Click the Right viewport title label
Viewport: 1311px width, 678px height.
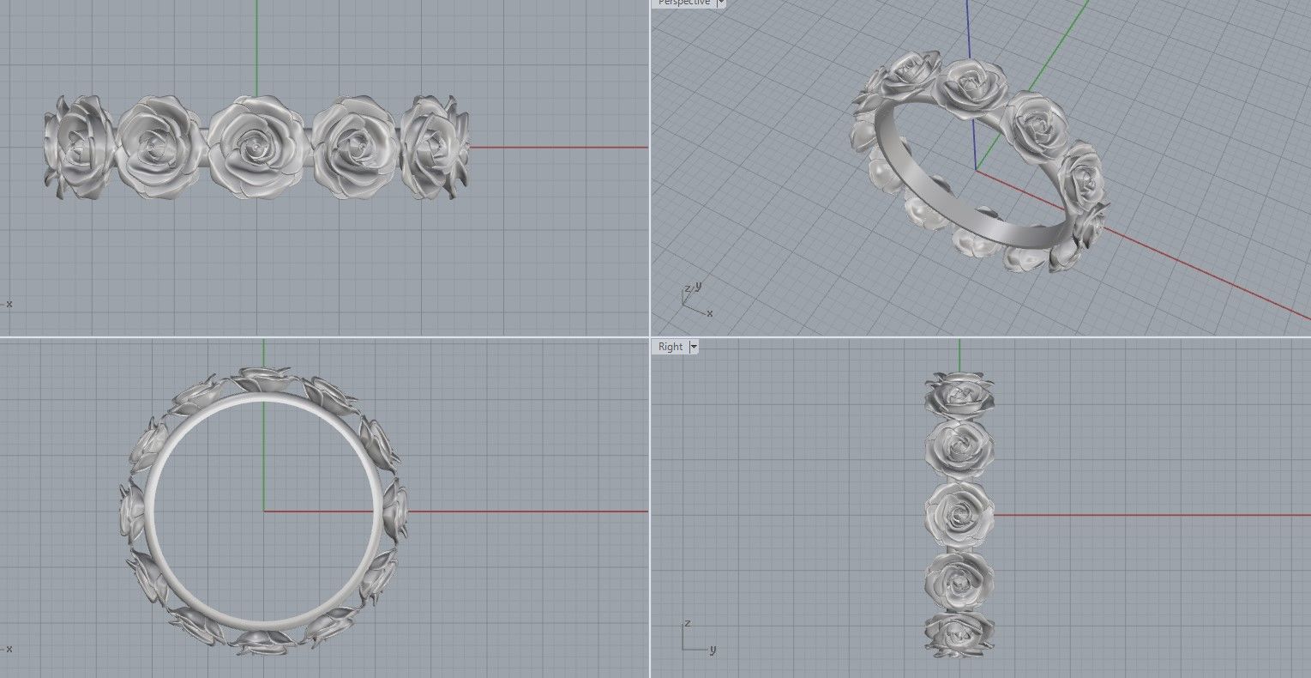[671, 347]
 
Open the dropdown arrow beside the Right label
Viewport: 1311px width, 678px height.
[694, 347]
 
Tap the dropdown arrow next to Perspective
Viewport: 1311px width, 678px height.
[720, 3]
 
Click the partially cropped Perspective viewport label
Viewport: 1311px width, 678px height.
[683, 3]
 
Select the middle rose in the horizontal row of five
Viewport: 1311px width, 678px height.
[256, 147]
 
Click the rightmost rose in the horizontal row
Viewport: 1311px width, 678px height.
[436, 148]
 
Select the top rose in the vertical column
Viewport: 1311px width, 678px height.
[959, 394]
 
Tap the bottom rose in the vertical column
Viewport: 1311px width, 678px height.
[959, 635]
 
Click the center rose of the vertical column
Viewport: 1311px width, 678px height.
[959, 513]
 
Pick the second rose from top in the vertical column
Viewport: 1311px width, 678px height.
[959, 447]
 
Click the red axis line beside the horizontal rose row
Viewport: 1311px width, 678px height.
[557, 148]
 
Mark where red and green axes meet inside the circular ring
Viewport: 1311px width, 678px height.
[263, 512]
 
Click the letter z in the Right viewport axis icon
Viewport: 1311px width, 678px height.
[687, 623]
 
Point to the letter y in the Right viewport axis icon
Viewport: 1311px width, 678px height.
[712, 650]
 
